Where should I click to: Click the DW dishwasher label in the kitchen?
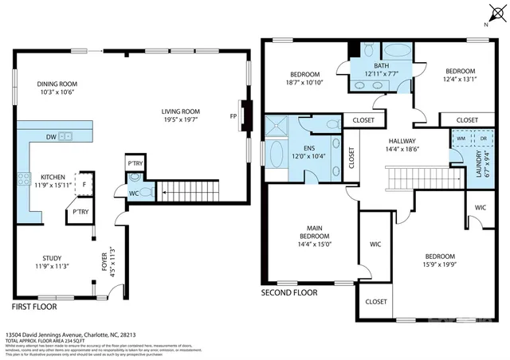pos(50,136)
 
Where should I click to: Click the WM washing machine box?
pos(460,138)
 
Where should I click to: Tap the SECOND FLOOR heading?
pos(289,292)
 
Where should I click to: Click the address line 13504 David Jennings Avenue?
pos(73,335)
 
